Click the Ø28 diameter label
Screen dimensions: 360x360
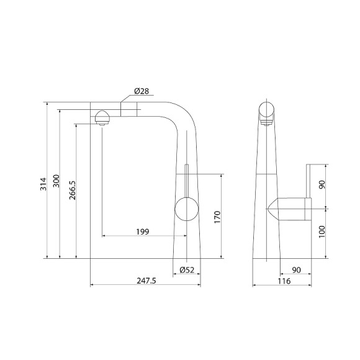[141, 91]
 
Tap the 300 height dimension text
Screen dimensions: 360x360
[55, 181]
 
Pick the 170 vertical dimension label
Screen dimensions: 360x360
[217, 217]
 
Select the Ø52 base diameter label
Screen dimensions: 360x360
[187, 269]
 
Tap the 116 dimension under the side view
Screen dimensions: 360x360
[284, 281]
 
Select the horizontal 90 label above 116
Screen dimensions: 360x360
[296, 269]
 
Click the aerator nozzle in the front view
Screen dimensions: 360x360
[101, 117]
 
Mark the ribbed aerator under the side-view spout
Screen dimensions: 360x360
[268, 122]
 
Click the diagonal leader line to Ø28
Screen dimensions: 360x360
[127, 97]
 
